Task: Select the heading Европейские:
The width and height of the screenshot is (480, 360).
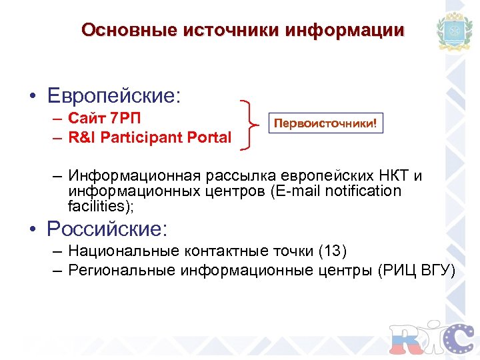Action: pos(114,95)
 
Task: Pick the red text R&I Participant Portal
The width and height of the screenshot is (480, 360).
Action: pos(149,138)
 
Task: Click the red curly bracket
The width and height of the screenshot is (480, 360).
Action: pos(251,124)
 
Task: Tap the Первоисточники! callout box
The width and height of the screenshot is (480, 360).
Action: pos(326,123)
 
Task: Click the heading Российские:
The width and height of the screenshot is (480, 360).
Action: pos(107,229)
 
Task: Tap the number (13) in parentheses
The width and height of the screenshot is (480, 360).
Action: pos(333,251)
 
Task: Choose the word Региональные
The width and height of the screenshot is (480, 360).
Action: pos(123,270)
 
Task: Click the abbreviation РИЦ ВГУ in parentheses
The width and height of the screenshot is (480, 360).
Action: pos(417,270)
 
